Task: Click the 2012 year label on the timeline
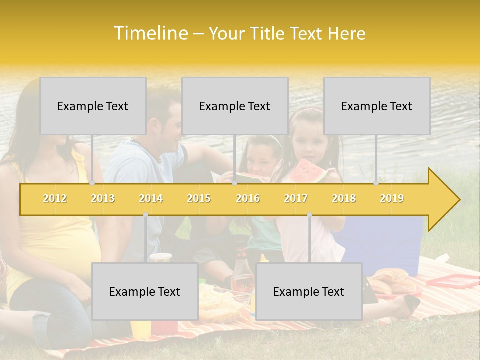(55, 199)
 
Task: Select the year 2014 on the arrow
(151, 199)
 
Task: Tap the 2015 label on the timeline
(199, 199)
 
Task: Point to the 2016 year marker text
(248, 199)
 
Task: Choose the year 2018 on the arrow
(344, 199)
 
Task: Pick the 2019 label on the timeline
(392, 199)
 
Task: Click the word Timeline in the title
(150, 33)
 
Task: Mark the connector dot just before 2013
(92, 183)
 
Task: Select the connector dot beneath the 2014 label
(145, 215)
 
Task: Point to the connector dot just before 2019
(376, 183)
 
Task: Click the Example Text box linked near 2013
(93, 106)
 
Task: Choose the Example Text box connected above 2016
(235, 106)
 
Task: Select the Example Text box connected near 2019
(377, 106)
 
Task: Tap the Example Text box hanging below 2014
(145, 291)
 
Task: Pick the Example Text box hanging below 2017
(309, 291)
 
